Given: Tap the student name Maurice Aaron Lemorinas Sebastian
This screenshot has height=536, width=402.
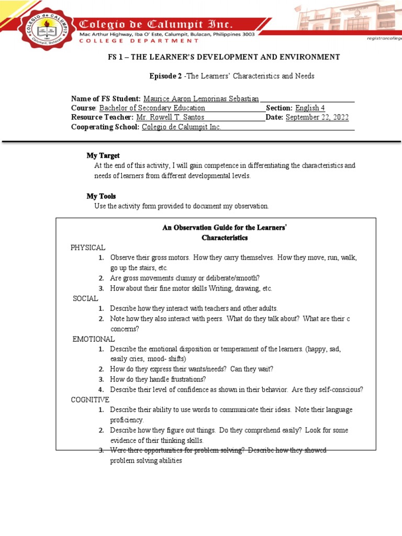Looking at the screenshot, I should tap(200, 98).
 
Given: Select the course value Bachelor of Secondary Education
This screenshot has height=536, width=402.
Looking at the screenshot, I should tap(152, 108).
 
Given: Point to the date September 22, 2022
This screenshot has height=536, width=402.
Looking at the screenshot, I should tap(317, 117).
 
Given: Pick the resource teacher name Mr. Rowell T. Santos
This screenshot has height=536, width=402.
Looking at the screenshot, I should tap(170, 117).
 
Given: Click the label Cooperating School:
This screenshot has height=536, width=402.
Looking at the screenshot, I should tap(105, 127).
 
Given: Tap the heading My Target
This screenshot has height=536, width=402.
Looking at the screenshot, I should tap(103, 155).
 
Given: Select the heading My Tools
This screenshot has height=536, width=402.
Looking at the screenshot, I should tap(101, 196).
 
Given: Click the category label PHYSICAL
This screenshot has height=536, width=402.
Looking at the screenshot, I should tap(88, 247).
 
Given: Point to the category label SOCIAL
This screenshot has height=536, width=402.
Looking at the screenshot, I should tap(85, 298).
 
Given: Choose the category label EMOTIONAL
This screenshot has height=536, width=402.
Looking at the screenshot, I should tap(93, 339).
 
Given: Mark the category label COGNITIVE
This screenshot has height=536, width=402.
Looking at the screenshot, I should tap(90, 399).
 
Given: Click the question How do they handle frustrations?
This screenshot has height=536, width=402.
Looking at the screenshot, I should tap(158, 379).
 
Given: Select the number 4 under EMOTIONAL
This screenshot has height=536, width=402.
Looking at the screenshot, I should tap(100, 389).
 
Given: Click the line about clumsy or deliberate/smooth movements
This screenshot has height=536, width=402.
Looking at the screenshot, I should tap(184, 278).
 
